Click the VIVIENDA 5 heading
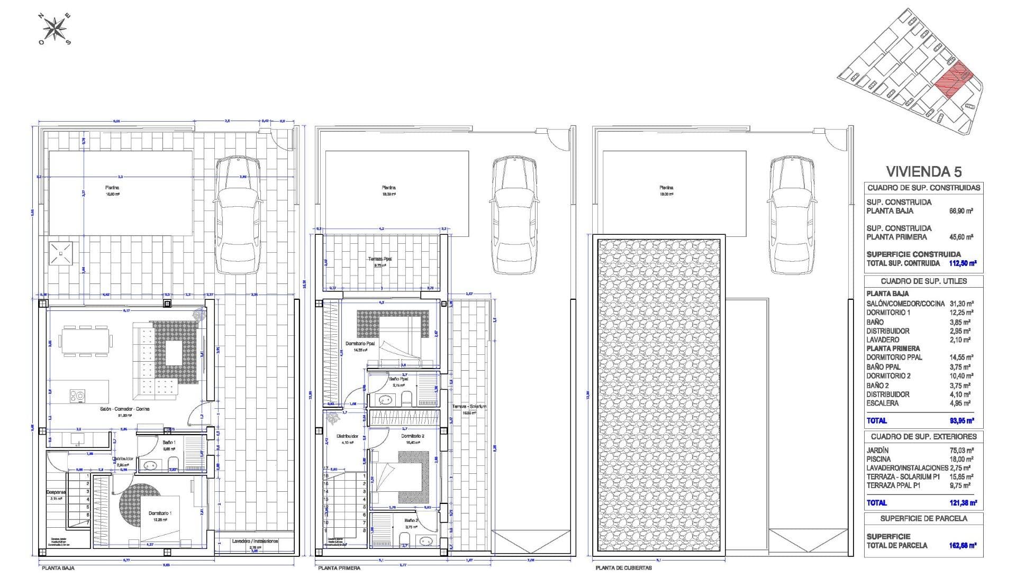[923, 171]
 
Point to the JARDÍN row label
[877, 450]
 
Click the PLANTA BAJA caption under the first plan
[58, 568]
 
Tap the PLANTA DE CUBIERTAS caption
[623, 568]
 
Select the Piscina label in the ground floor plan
[112, 188]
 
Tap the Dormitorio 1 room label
[159, 513]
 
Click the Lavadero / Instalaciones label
[255, 542]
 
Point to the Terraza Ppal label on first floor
[380, 259]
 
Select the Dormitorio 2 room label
[411, 436]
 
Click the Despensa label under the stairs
[56, 492]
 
